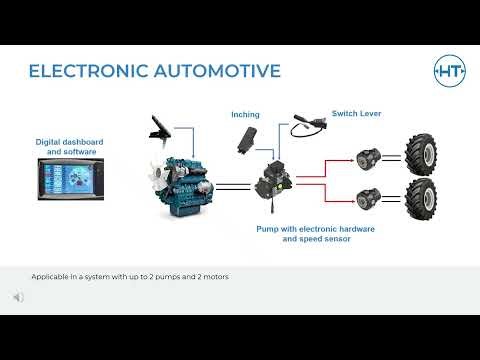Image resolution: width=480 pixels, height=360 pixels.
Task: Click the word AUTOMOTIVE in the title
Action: tap(214, 71)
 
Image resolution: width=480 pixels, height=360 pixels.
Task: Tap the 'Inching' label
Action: tap(245, 115)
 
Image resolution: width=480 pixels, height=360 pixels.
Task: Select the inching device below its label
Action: tap(247, 141)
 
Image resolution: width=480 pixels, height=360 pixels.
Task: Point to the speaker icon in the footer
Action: tap(19, 297)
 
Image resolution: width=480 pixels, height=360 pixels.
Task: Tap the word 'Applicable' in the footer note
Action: tap(49, 276)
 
